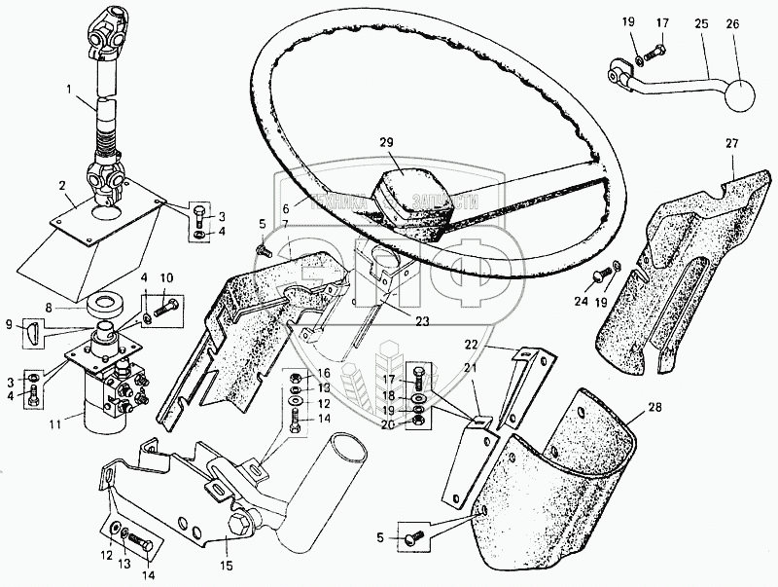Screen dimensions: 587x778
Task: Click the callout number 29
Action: pos(387,143)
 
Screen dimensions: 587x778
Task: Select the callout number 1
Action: pos(69,91)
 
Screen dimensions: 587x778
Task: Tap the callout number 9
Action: pos(11,324)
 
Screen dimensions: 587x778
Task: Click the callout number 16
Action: pos(324,373)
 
